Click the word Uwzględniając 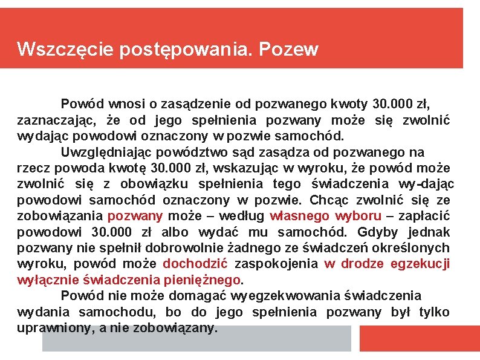[103, 152]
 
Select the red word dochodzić [195, 263]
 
